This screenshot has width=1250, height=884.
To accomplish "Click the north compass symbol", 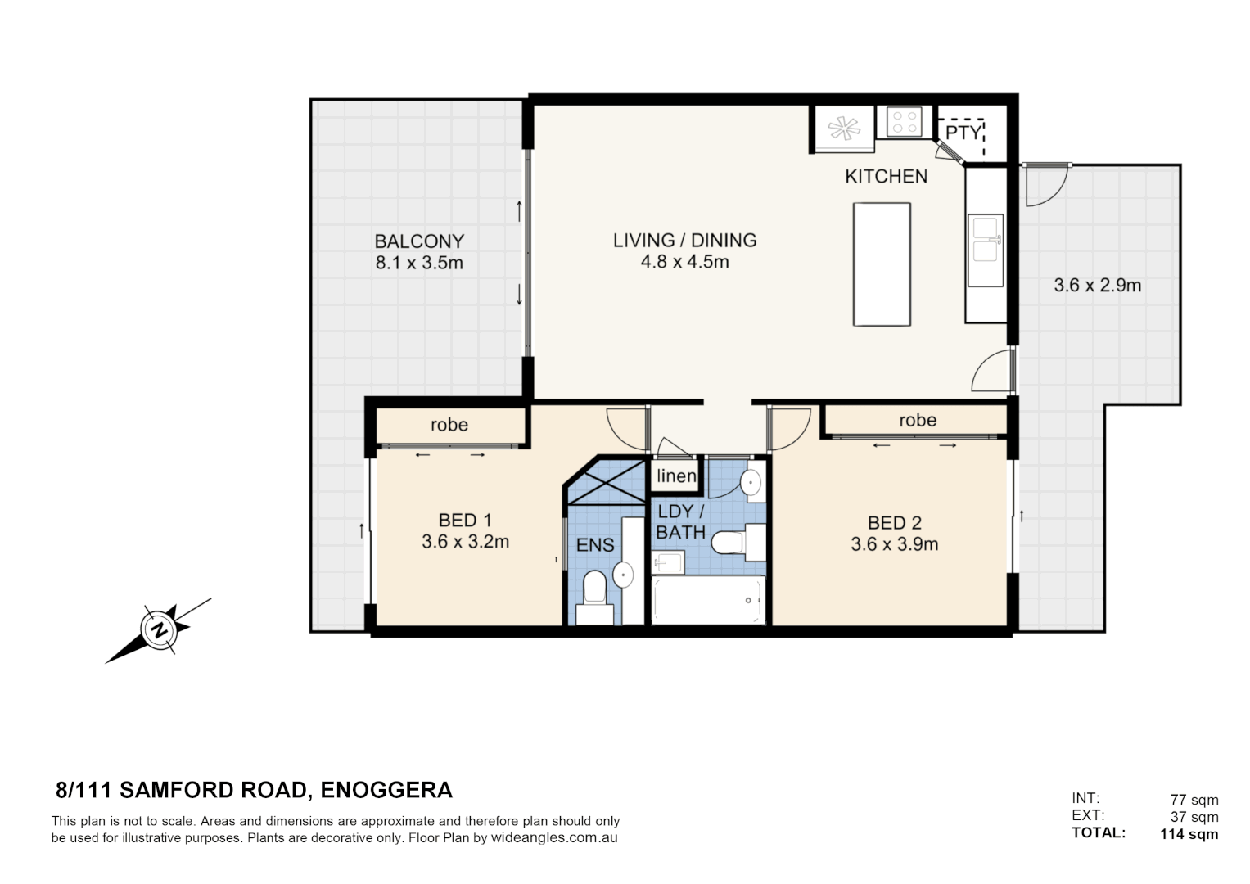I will pos(158,630).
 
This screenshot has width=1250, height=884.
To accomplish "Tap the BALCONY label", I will pos(419,241).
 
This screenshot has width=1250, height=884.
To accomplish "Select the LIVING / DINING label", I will pos(684,240).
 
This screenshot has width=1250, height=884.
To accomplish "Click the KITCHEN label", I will pos(886,176).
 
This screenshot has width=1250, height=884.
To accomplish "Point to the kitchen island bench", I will pos(882,264).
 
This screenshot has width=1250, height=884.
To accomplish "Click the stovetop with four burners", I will pos(904,123).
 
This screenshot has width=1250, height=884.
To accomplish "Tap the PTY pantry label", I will pos(962,133).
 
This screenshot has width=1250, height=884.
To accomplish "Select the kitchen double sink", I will pos(985,250).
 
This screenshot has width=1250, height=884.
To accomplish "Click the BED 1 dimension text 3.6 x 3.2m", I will pos(465,542).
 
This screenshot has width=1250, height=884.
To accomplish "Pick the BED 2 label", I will pos(894,522).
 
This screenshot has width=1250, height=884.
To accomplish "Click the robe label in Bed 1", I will pos(449,425).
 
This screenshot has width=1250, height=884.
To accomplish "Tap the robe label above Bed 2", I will pos(917,420).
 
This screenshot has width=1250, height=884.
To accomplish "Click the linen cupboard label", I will pos(676,476).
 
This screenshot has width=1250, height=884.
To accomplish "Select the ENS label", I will pos(595,545).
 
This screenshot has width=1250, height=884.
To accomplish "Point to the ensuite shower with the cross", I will pos(607,483).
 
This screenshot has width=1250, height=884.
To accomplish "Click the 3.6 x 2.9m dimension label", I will pos(1097,286).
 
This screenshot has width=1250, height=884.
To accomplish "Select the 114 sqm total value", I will pos(1189,834).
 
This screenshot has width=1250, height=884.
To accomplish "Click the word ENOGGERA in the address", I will pos(386,790).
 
